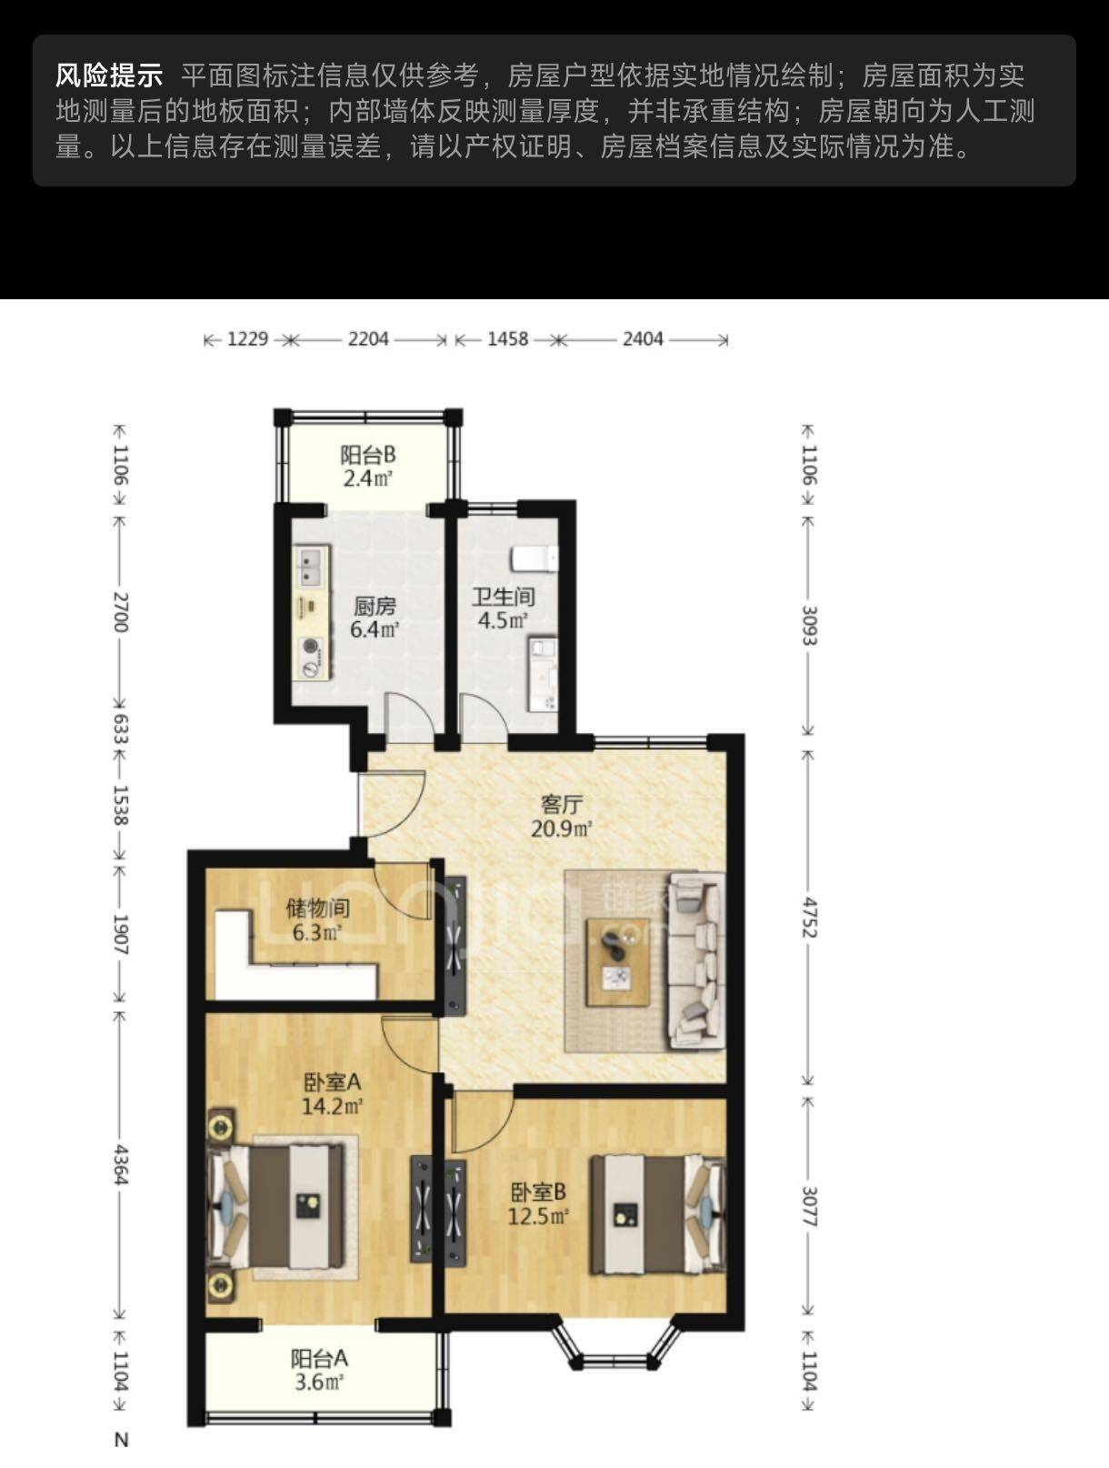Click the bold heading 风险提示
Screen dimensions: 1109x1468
109,75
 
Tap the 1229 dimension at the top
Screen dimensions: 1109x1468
247,339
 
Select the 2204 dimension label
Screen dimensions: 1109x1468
367,339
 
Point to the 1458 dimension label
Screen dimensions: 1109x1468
507,339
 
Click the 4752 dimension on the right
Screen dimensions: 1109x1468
810,918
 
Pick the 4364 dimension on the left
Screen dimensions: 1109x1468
120,1164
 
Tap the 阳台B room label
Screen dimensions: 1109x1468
367,455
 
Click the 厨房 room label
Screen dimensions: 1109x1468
375,606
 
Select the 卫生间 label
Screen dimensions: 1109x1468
504,597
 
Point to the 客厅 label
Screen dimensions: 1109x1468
562,805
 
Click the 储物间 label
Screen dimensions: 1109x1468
317,909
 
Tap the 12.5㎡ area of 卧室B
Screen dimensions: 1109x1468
538,1216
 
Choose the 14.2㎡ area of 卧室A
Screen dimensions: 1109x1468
332,1106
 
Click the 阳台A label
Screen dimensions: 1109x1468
319,1358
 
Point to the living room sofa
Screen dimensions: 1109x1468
696,960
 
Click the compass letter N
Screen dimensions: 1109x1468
121,1439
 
